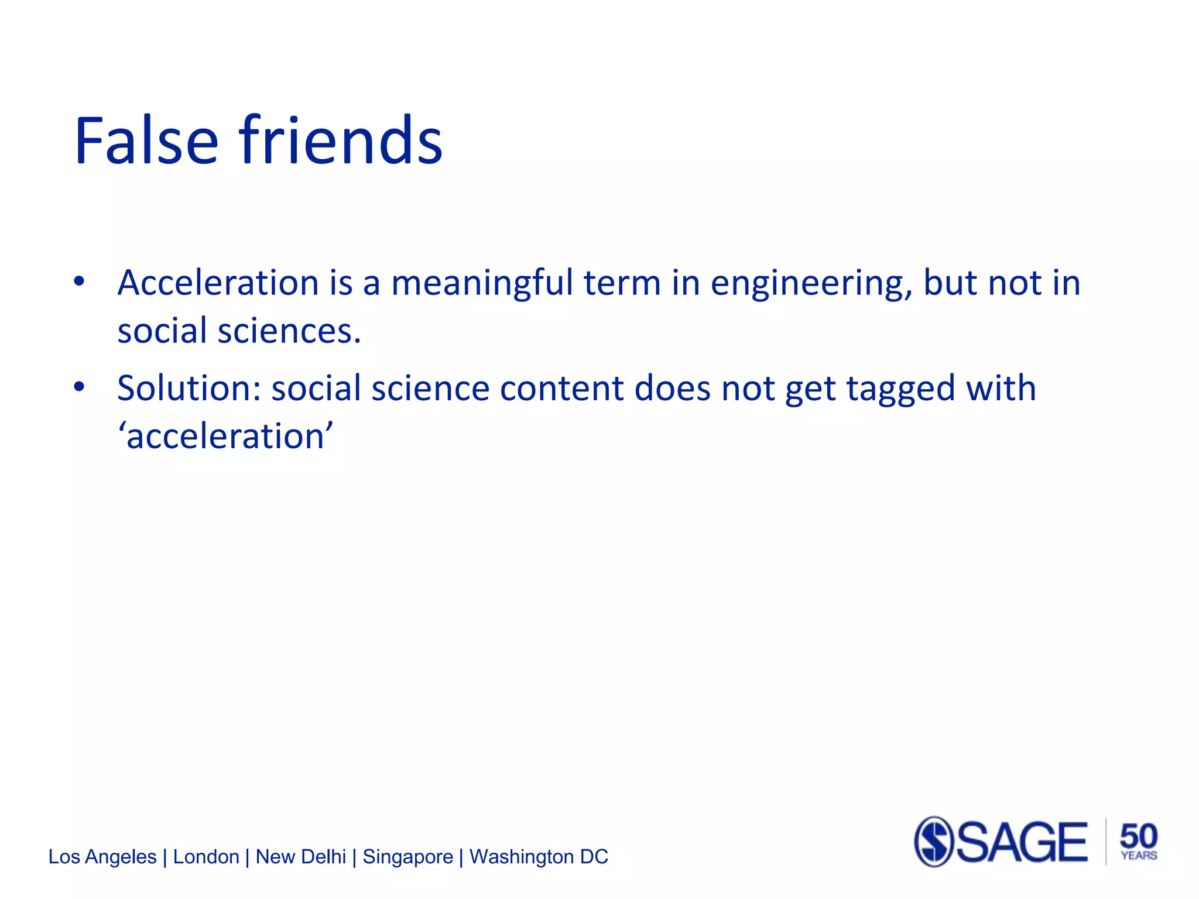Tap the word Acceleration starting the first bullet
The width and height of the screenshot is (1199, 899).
tap(218, 283)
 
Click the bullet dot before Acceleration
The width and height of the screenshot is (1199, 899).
tap(79, 282)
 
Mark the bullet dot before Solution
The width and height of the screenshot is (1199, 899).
tap(79, 387)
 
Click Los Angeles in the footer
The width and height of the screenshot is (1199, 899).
tap(102, 857)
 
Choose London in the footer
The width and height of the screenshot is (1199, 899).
tap(206, 857)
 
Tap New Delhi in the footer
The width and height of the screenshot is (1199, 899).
tap(301, 857)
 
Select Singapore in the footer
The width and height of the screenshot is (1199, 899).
tap(407, 857)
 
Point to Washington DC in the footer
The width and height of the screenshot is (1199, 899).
tap(539, 857)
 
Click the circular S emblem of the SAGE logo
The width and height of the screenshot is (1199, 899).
tap(934, 842)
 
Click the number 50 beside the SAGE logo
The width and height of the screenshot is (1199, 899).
tap(1138, 835)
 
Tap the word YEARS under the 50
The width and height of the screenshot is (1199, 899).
tap(1139, 856)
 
